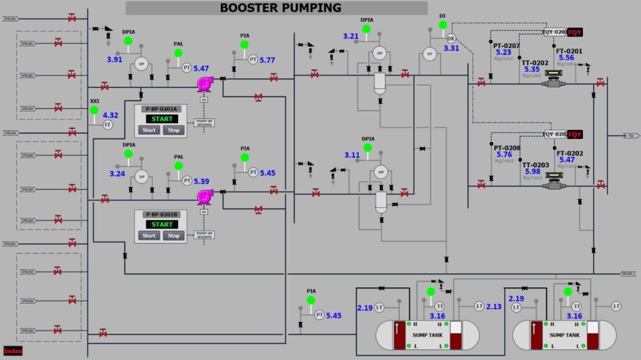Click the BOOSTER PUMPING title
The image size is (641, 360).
(280, 8)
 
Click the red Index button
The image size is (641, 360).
(13, 351)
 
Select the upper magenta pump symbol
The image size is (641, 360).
(204, 83)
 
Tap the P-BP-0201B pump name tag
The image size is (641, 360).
(161, 215)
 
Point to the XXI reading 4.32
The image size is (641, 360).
(110, 115)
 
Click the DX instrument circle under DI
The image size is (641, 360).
(451, 38)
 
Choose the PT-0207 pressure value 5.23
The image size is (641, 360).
(504, 53)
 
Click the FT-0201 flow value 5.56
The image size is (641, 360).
(567, 58)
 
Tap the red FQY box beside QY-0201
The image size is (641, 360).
(575, 31)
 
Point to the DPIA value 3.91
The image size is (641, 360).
(115, 59)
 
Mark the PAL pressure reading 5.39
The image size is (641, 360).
(201, 181)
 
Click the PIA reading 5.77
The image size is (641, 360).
(267, 60)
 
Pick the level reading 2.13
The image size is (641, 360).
(494, 306)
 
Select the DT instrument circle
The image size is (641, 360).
(429, 53)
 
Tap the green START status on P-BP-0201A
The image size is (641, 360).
(162, 119)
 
